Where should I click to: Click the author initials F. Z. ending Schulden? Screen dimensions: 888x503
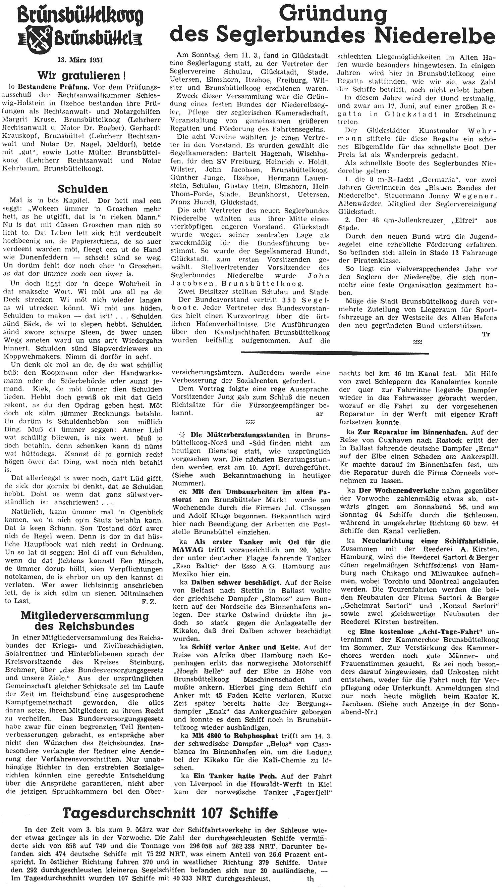[149, 602]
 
